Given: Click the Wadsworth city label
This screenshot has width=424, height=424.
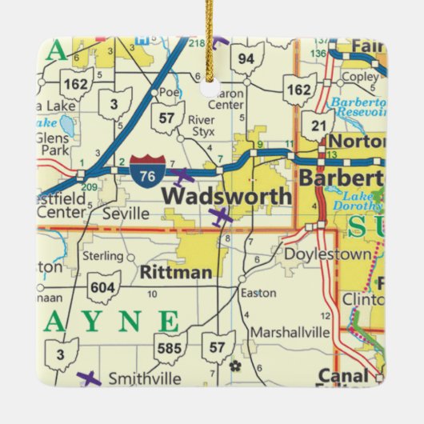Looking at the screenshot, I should [226, 196].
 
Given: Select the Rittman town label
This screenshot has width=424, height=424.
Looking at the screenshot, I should [176, 272].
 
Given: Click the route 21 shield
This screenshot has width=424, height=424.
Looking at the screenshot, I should [318, 125].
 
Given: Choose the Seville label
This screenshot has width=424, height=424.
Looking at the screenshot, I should [126, 214].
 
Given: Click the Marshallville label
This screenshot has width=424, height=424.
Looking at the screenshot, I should [290, 332].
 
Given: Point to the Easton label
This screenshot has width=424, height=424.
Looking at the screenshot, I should [258, 293].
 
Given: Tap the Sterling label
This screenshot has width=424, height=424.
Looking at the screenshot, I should [104, 256].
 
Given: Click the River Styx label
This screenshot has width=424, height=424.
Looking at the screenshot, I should [202, 126].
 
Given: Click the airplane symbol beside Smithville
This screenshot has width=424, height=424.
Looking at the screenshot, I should [90, 378].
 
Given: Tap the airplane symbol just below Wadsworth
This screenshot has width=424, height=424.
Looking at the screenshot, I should [219, 215].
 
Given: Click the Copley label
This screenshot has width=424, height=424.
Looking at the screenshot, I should [359, 78].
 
